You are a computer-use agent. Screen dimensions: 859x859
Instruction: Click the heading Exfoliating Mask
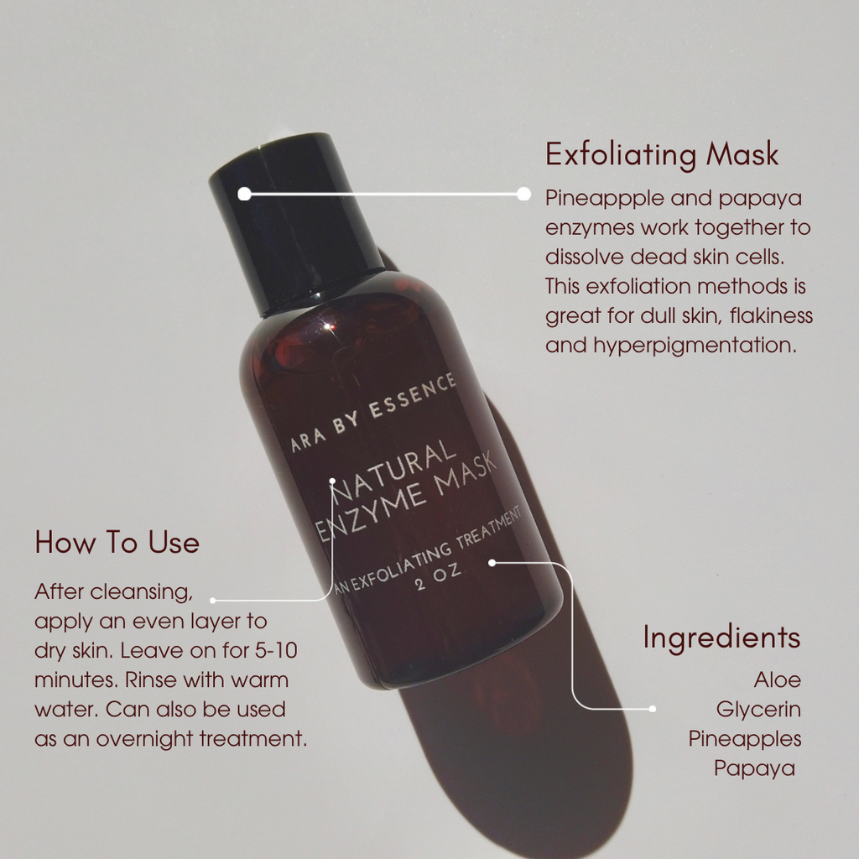(662, 155)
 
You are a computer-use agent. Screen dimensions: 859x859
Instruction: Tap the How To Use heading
(117, 543)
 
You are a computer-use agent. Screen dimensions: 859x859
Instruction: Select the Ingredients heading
(721, 638)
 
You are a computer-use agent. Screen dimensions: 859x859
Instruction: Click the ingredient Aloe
(777, 679)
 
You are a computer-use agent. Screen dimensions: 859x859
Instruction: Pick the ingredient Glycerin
(758, 710)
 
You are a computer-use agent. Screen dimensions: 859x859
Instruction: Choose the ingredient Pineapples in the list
(745, 739)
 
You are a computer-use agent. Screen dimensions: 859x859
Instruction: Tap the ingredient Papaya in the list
(754, 768)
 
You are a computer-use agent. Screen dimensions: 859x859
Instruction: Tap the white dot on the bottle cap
(244, 194)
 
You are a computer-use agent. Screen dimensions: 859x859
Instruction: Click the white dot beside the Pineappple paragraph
(523, 194)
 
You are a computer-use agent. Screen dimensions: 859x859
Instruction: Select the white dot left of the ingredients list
(652, 709)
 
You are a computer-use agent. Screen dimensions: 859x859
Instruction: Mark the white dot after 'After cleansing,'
(213, 601)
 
